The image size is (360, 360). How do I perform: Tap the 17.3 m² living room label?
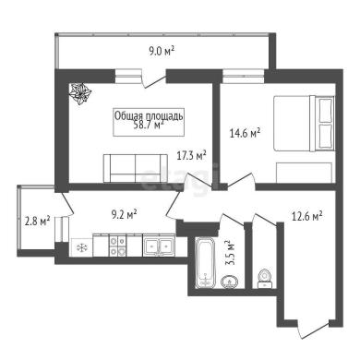191,156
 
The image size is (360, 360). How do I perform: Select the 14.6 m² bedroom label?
246,133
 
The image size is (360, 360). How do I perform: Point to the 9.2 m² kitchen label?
125,214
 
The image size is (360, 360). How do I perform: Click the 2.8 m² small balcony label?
37,222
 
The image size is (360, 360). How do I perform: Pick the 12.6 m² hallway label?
306,217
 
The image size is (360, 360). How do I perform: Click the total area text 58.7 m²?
149,126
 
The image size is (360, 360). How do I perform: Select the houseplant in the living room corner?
80,94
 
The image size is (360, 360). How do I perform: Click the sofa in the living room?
136,168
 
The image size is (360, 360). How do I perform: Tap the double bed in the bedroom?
304,124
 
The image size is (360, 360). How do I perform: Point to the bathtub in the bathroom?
204,262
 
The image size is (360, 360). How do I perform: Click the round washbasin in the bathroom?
229,282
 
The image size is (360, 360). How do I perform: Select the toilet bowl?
264,279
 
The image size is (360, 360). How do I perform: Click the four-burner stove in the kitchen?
117,246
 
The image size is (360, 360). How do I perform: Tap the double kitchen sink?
159,246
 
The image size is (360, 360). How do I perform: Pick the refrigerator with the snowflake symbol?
81,247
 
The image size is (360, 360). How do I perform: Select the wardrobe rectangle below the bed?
304,173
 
